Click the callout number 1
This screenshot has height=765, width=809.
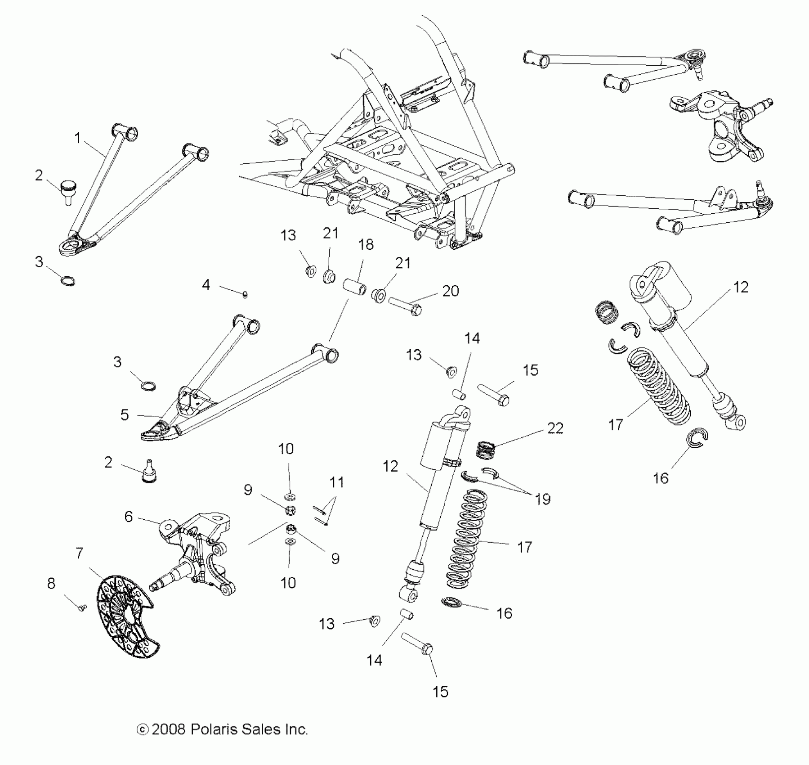[77, 138]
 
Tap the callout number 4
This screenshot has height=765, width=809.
[206, 285]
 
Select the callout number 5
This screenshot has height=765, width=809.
[125, 415]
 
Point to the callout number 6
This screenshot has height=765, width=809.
[129, 517]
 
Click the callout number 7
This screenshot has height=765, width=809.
[80, 553]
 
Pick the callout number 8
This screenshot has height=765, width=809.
[51, 583]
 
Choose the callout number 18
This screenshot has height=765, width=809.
[366, 244]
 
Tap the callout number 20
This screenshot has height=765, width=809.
[450, 291]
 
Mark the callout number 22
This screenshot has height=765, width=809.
[555, 428]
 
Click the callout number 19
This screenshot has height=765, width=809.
[543, 499]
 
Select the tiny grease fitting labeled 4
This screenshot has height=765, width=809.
[246, 295]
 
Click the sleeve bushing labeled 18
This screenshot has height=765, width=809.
[354, 287]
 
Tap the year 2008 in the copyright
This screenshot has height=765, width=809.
[169, 729]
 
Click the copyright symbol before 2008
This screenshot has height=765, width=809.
[143, 730]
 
